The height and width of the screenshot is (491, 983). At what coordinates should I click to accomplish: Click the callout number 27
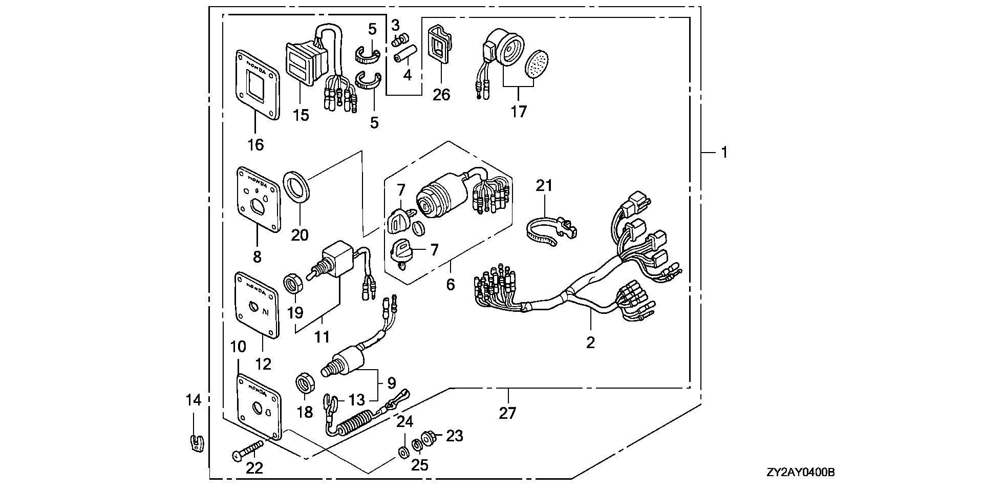507,413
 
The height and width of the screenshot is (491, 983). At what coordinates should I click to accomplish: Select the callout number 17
519,111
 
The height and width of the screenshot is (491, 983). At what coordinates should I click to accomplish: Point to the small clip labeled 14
194,442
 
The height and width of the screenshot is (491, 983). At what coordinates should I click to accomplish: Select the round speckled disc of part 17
537,63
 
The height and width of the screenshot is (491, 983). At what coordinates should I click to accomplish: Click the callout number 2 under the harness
590,343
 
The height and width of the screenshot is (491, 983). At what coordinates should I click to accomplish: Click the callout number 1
724,152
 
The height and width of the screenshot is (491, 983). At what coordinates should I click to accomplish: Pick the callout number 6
450,284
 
